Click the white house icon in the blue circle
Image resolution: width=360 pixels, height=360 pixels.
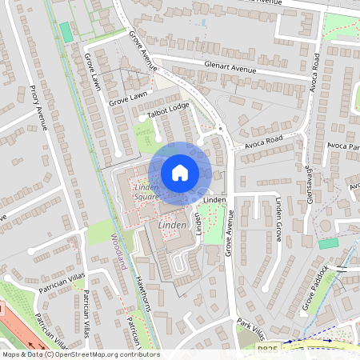tap(180, 172)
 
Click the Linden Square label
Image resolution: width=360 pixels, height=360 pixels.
tap(146, 191)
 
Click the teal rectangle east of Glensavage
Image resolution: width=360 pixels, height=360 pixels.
tap(328, 243)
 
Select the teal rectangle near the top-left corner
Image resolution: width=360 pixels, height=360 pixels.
tap(66, 33)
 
